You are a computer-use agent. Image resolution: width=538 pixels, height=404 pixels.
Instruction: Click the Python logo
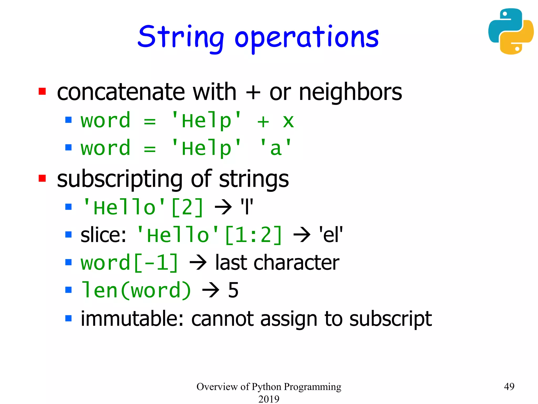(x=511, y=31)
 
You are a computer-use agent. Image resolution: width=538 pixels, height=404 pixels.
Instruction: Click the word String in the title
(x=180, y=37)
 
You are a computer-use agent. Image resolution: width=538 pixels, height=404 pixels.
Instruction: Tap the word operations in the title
(x=306, y=38)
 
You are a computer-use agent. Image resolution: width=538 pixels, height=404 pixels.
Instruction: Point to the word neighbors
(x=350, y=92)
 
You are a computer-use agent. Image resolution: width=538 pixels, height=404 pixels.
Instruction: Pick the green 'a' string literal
(x=276, y=148)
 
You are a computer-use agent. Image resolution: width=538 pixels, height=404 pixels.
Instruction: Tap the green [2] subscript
(x=187, y=208)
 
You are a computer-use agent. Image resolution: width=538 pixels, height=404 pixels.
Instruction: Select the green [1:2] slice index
(x=253, y=235)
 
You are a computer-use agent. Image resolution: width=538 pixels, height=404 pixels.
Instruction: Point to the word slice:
(x=103, y=235)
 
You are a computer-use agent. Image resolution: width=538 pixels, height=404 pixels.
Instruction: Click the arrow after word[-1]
(x=198, y=262)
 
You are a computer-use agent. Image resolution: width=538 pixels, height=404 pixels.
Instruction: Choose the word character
(x=296, y=262)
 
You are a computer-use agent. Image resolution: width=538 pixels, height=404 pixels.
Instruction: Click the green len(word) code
(x=136, y=290)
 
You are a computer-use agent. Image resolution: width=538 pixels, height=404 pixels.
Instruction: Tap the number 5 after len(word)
(x=233, y=290)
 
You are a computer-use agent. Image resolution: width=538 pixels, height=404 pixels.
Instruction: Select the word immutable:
(x=132, y=319)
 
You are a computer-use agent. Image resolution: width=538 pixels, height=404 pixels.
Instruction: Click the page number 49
(x=509, y=386)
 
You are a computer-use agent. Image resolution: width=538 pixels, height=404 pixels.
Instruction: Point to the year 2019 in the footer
(x=269, y=399)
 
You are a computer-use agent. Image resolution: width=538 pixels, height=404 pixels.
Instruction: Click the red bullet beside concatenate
(x=42, y=92)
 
